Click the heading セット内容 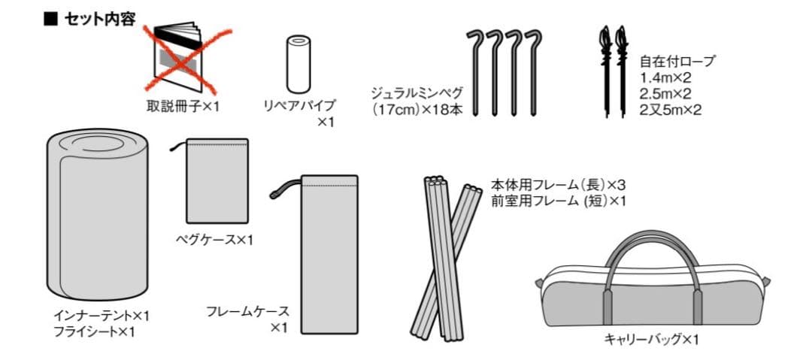tap(99, 20)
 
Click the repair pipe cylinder tap(298, 64)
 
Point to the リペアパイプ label tap(299, 105)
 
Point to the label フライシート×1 tap(94, 332)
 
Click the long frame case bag tap(329, 254)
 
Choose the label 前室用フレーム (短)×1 tap(559, 201)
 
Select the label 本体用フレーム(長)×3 tap(559, 185)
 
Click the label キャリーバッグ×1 tap(651, 340)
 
